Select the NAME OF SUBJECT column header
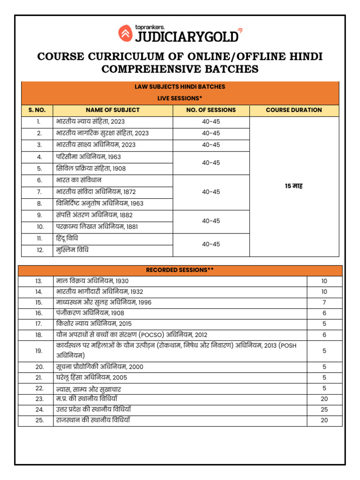pos(112,110)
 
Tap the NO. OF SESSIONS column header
pos(211,110)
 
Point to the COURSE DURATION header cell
pos(294,110)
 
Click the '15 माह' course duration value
pos(294,186)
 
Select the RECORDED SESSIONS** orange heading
pos(180,270)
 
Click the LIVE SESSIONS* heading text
pos(180,98)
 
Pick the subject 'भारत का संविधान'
pos(79,180)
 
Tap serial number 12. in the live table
pos(40,250)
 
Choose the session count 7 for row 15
pos(324,302)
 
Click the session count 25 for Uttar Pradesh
pos(324,409)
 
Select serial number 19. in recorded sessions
pos(39,351)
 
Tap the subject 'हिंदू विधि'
pos(67,238)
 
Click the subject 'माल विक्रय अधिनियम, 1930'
pos(92,281)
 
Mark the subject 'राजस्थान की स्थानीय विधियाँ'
pos(93,420)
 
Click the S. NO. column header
pos(37,110)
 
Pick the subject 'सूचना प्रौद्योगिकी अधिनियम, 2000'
pos(99,367)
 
